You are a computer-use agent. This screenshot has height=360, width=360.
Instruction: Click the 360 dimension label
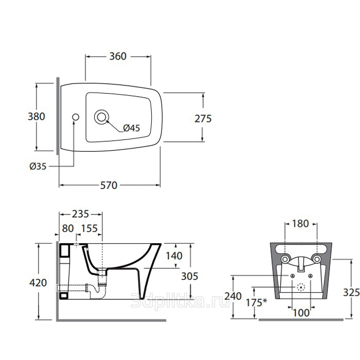(118, 56)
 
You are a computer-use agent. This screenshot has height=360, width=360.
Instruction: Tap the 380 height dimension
(37, 116)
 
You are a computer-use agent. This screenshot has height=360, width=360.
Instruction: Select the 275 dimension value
(203, 119)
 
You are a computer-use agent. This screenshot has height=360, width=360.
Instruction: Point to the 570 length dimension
(109, 185)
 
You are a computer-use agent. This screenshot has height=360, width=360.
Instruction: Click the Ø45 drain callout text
(131, 128)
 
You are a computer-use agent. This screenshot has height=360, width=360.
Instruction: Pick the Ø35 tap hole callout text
(38, 166)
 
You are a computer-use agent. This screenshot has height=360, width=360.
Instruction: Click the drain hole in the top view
(101, 117)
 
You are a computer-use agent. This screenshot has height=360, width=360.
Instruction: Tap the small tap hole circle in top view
(76, 117)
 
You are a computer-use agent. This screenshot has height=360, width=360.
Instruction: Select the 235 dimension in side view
(80, 214)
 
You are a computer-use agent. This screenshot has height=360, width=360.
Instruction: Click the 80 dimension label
(68, 228)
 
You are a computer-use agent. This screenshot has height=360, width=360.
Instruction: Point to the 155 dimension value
(89, 228)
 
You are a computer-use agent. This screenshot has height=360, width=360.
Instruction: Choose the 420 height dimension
(38, 283)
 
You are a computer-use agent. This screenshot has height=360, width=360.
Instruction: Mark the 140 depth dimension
(174, 256)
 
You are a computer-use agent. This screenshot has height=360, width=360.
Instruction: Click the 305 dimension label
(190, 276)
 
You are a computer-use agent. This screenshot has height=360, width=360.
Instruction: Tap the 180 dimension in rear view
(300, 224)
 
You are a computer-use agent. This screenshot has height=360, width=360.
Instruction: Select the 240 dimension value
(233, 296)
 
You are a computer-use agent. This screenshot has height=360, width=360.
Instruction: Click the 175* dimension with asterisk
(257, 302)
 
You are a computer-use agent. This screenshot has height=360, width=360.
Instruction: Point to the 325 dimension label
(351, 293)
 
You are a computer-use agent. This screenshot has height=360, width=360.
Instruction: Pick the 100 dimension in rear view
(301, 313)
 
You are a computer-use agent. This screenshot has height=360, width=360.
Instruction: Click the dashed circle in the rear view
(301, 287)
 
